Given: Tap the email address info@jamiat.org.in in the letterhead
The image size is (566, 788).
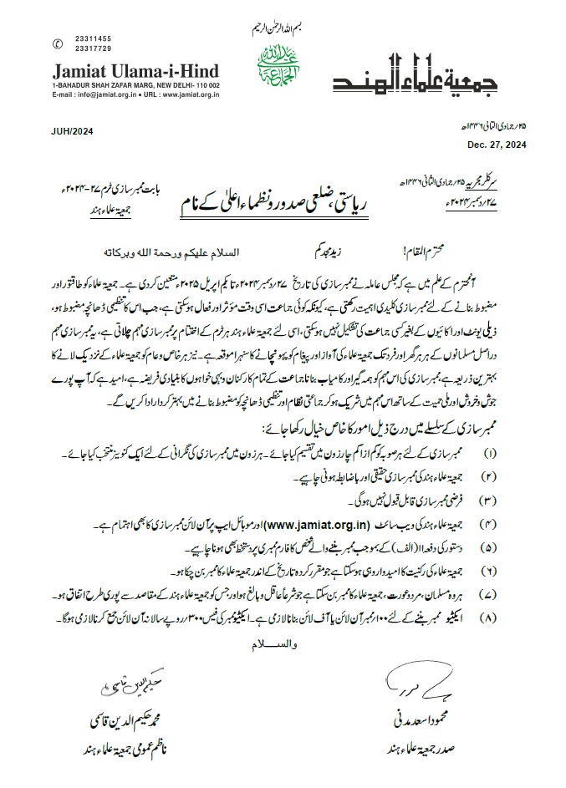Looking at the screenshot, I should click(94, 95).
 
